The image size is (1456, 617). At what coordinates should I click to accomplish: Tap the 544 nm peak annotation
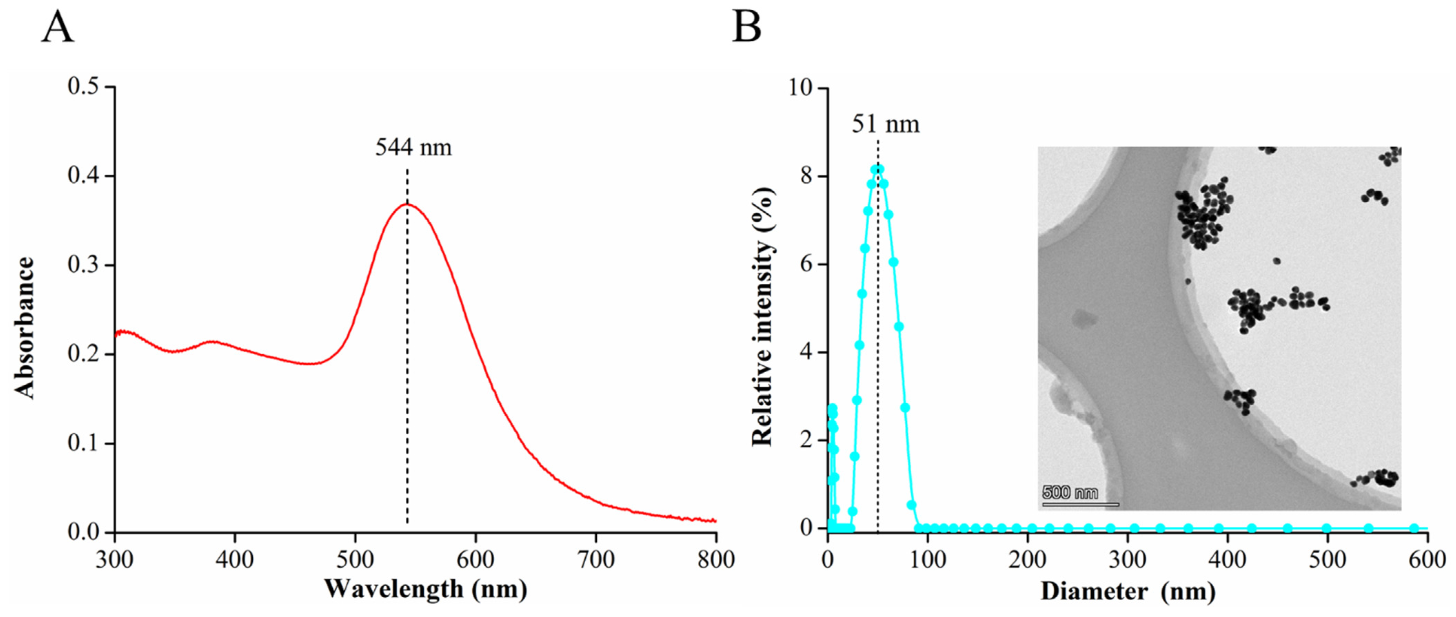414,148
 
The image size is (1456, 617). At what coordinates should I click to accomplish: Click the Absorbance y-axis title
24,328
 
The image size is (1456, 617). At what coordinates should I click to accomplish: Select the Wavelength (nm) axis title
425,589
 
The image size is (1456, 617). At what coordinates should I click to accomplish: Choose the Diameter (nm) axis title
1128,591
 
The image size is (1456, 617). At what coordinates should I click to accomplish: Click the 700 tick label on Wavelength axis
596,559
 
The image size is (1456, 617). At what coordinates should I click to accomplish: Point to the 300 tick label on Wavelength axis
115,559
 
